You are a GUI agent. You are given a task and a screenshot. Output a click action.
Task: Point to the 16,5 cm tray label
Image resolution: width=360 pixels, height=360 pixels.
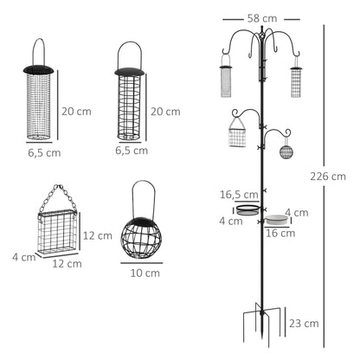pos(234,195)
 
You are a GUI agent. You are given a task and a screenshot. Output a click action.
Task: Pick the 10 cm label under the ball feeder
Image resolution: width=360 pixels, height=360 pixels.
pos(139,273)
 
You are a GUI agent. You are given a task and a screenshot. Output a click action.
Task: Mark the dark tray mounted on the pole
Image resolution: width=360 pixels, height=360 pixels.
pos(248,209)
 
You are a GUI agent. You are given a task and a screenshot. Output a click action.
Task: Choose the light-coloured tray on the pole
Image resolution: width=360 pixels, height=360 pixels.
pos(276,220)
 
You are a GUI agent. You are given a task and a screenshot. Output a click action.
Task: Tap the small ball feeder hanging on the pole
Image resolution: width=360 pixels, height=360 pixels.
pos(286,151)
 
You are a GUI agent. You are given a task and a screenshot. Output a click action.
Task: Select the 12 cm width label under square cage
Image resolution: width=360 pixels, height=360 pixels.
pos(57,264)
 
